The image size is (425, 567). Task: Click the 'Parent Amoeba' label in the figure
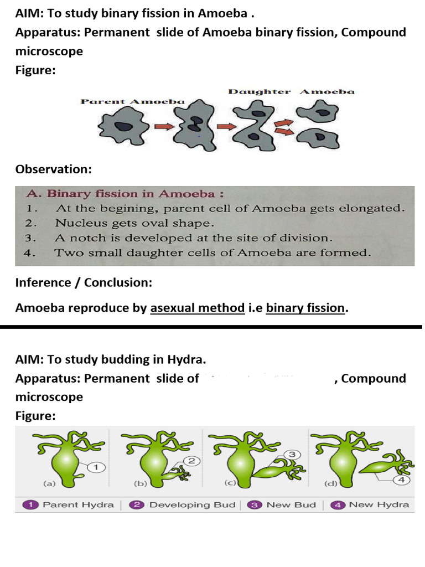(x=132, y=101)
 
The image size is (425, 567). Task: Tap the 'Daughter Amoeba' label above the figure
(x=291, y=91)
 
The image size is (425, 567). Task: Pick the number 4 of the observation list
(x=31, y=253)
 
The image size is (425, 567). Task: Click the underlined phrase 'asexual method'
(x=198, y=308)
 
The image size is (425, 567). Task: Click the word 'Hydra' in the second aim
(x=187, y=359)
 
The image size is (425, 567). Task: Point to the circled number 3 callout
(x=292, y=455)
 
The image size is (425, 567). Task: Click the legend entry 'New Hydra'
(x=379, y=504)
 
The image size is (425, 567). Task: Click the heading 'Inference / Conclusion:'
(x=84, y=282)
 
